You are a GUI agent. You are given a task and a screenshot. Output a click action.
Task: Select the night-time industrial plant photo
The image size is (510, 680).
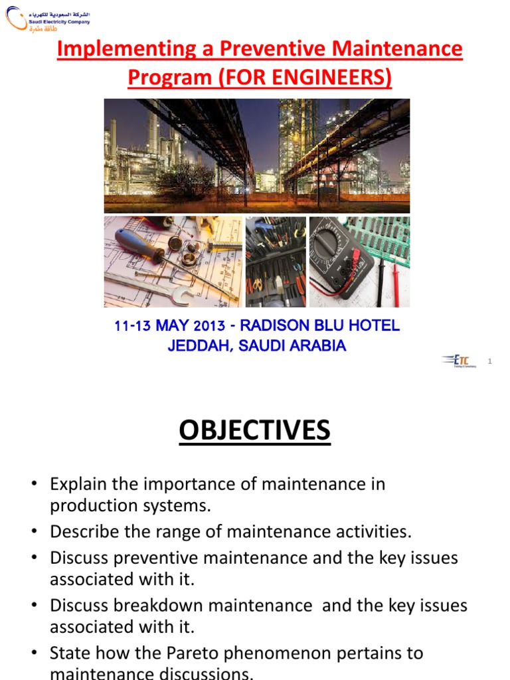(257, 155)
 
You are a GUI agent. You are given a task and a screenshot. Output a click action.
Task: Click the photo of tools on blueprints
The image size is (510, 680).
(172, 262)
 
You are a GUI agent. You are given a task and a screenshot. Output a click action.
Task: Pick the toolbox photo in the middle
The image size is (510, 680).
(276, 262)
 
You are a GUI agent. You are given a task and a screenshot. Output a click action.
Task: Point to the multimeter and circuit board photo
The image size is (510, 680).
(359, 262)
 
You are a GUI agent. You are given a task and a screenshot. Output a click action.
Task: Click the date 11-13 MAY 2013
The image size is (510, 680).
(169, 327)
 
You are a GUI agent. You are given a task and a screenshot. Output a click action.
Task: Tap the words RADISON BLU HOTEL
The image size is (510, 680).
(319, 326)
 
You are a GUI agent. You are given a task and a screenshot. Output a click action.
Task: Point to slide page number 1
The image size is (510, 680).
(489, 361)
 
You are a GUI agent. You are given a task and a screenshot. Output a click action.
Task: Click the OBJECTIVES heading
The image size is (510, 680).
(254, 431)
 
